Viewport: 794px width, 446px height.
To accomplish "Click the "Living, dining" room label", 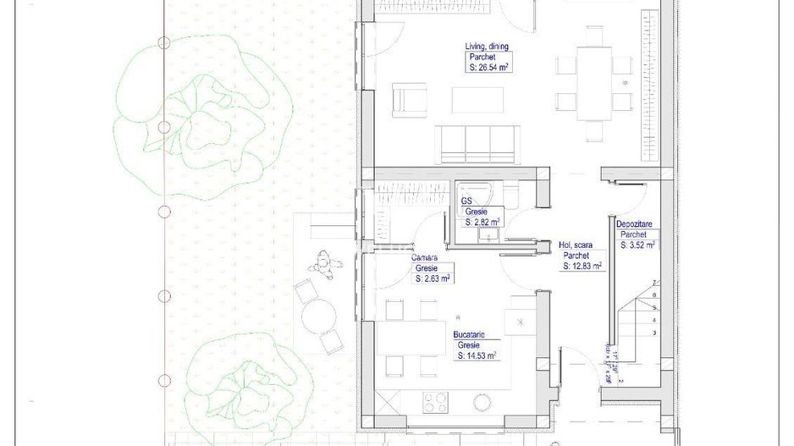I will point(487,47).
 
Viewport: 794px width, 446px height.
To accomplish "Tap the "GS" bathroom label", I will point(466,201).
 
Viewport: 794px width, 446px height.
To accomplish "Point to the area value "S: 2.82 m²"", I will point(482,222).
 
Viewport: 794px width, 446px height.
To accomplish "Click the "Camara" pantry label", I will point(425,257).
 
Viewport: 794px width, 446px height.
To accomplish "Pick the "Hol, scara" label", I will point(576,245).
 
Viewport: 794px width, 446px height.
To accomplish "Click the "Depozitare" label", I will point(634,224).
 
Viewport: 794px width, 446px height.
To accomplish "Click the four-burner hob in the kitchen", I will point(435,402).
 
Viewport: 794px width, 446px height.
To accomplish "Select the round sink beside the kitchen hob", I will point(483,402).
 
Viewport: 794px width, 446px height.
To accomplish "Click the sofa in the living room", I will point(477,144).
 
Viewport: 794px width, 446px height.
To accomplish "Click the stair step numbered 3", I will point(653,333).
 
